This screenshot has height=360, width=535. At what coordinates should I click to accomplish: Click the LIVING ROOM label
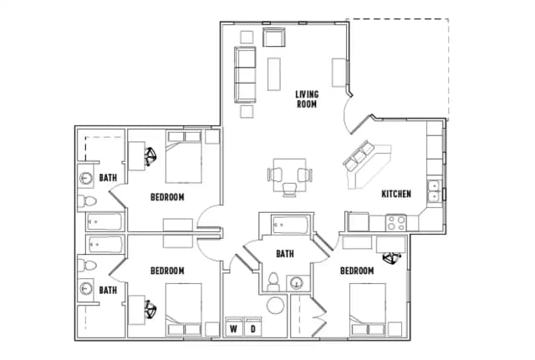[x=307, y=99]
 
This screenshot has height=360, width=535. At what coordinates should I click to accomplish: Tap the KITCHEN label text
[x=396, y=194]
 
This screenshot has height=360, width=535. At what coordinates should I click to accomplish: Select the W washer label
[x=234, y=328]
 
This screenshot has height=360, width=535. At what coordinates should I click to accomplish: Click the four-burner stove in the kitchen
[x=395, y=223]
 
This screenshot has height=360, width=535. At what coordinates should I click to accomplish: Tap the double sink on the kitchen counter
[x=434, y=190]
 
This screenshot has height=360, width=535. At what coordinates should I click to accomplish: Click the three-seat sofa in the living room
[x=245, y=74]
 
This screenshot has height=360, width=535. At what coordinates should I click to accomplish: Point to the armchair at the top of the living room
[x=274, y=38]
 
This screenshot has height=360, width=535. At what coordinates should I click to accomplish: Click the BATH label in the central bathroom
[x=285, y=254]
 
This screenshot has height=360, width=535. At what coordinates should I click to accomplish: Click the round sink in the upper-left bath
[x=85, y=178]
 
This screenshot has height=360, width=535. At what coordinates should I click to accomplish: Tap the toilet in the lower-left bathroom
[x=85, y=265]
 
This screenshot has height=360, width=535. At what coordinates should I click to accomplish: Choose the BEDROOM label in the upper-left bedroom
[x=167, y=197]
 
